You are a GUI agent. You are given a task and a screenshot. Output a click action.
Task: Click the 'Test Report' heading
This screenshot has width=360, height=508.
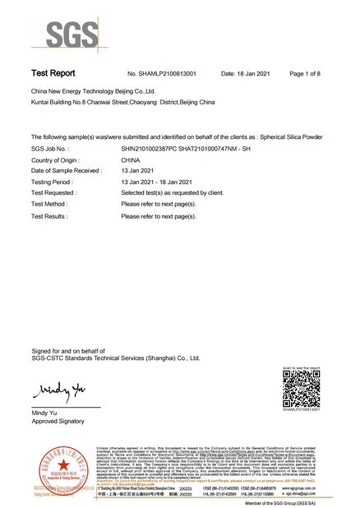(54, 73)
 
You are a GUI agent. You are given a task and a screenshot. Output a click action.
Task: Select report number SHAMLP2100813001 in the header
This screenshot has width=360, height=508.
(165, 74)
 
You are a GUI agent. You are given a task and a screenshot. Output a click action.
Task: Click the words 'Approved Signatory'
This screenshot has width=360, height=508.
(58, 420)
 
